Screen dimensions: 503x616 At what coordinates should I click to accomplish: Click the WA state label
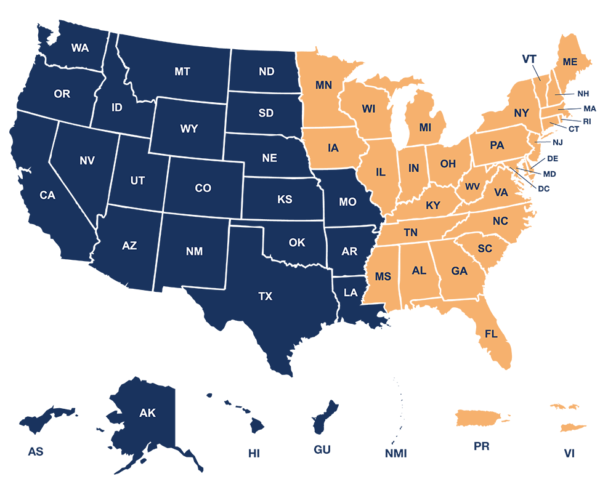[x=80, y=48]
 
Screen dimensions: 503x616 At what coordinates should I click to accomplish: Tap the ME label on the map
[x=570, y=62]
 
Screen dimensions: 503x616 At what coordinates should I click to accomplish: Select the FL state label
[x=491, y=334]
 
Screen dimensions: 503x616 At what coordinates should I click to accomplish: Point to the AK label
[x=148, y=413]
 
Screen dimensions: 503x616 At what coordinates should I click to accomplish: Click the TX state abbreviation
[x=265, y=297]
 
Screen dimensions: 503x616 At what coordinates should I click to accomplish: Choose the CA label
[x=47, y=195]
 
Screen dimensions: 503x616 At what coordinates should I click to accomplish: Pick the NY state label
[x=521, y=113]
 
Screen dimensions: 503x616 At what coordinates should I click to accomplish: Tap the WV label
[x=472, y=187]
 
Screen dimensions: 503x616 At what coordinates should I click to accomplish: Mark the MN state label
[x=323, y=86]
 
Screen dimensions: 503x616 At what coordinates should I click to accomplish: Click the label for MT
[x=182, y=72]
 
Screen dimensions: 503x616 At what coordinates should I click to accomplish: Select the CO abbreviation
[x=203, y=188]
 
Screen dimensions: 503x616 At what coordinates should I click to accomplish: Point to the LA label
[x=351, y=293]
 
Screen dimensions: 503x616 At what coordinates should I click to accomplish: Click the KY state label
[x=433, y=206]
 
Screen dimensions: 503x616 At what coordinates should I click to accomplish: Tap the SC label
[x=485, y=249]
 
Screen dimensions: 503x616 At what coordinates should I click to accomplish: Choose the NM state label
[x=194, y=252]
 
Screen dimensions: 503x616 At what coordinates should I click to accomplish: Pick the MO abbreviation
[x=347, y=202]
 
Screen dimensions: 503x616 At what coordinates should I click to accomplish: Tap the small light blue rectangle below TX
[x=243, y=328]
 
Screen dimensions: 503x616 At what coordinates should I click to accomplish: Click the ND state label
[x=266, y=72]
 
